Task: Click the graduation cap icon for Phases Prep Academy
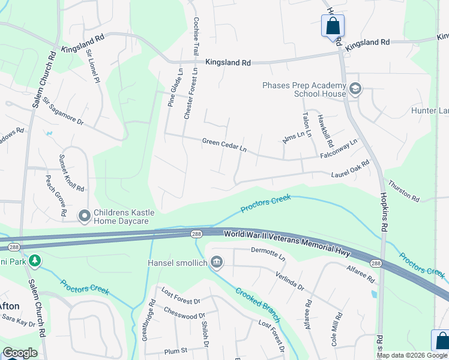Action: pos(355,89)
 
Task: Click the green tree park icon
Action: pos(35,260)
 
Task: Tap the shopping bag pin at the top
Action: pos(333,26)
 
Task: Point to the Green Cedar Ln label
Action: pos(224,145)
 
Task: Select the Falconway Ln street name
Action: pos(339,148)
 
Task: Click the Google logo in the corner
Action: pos(20,353)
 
